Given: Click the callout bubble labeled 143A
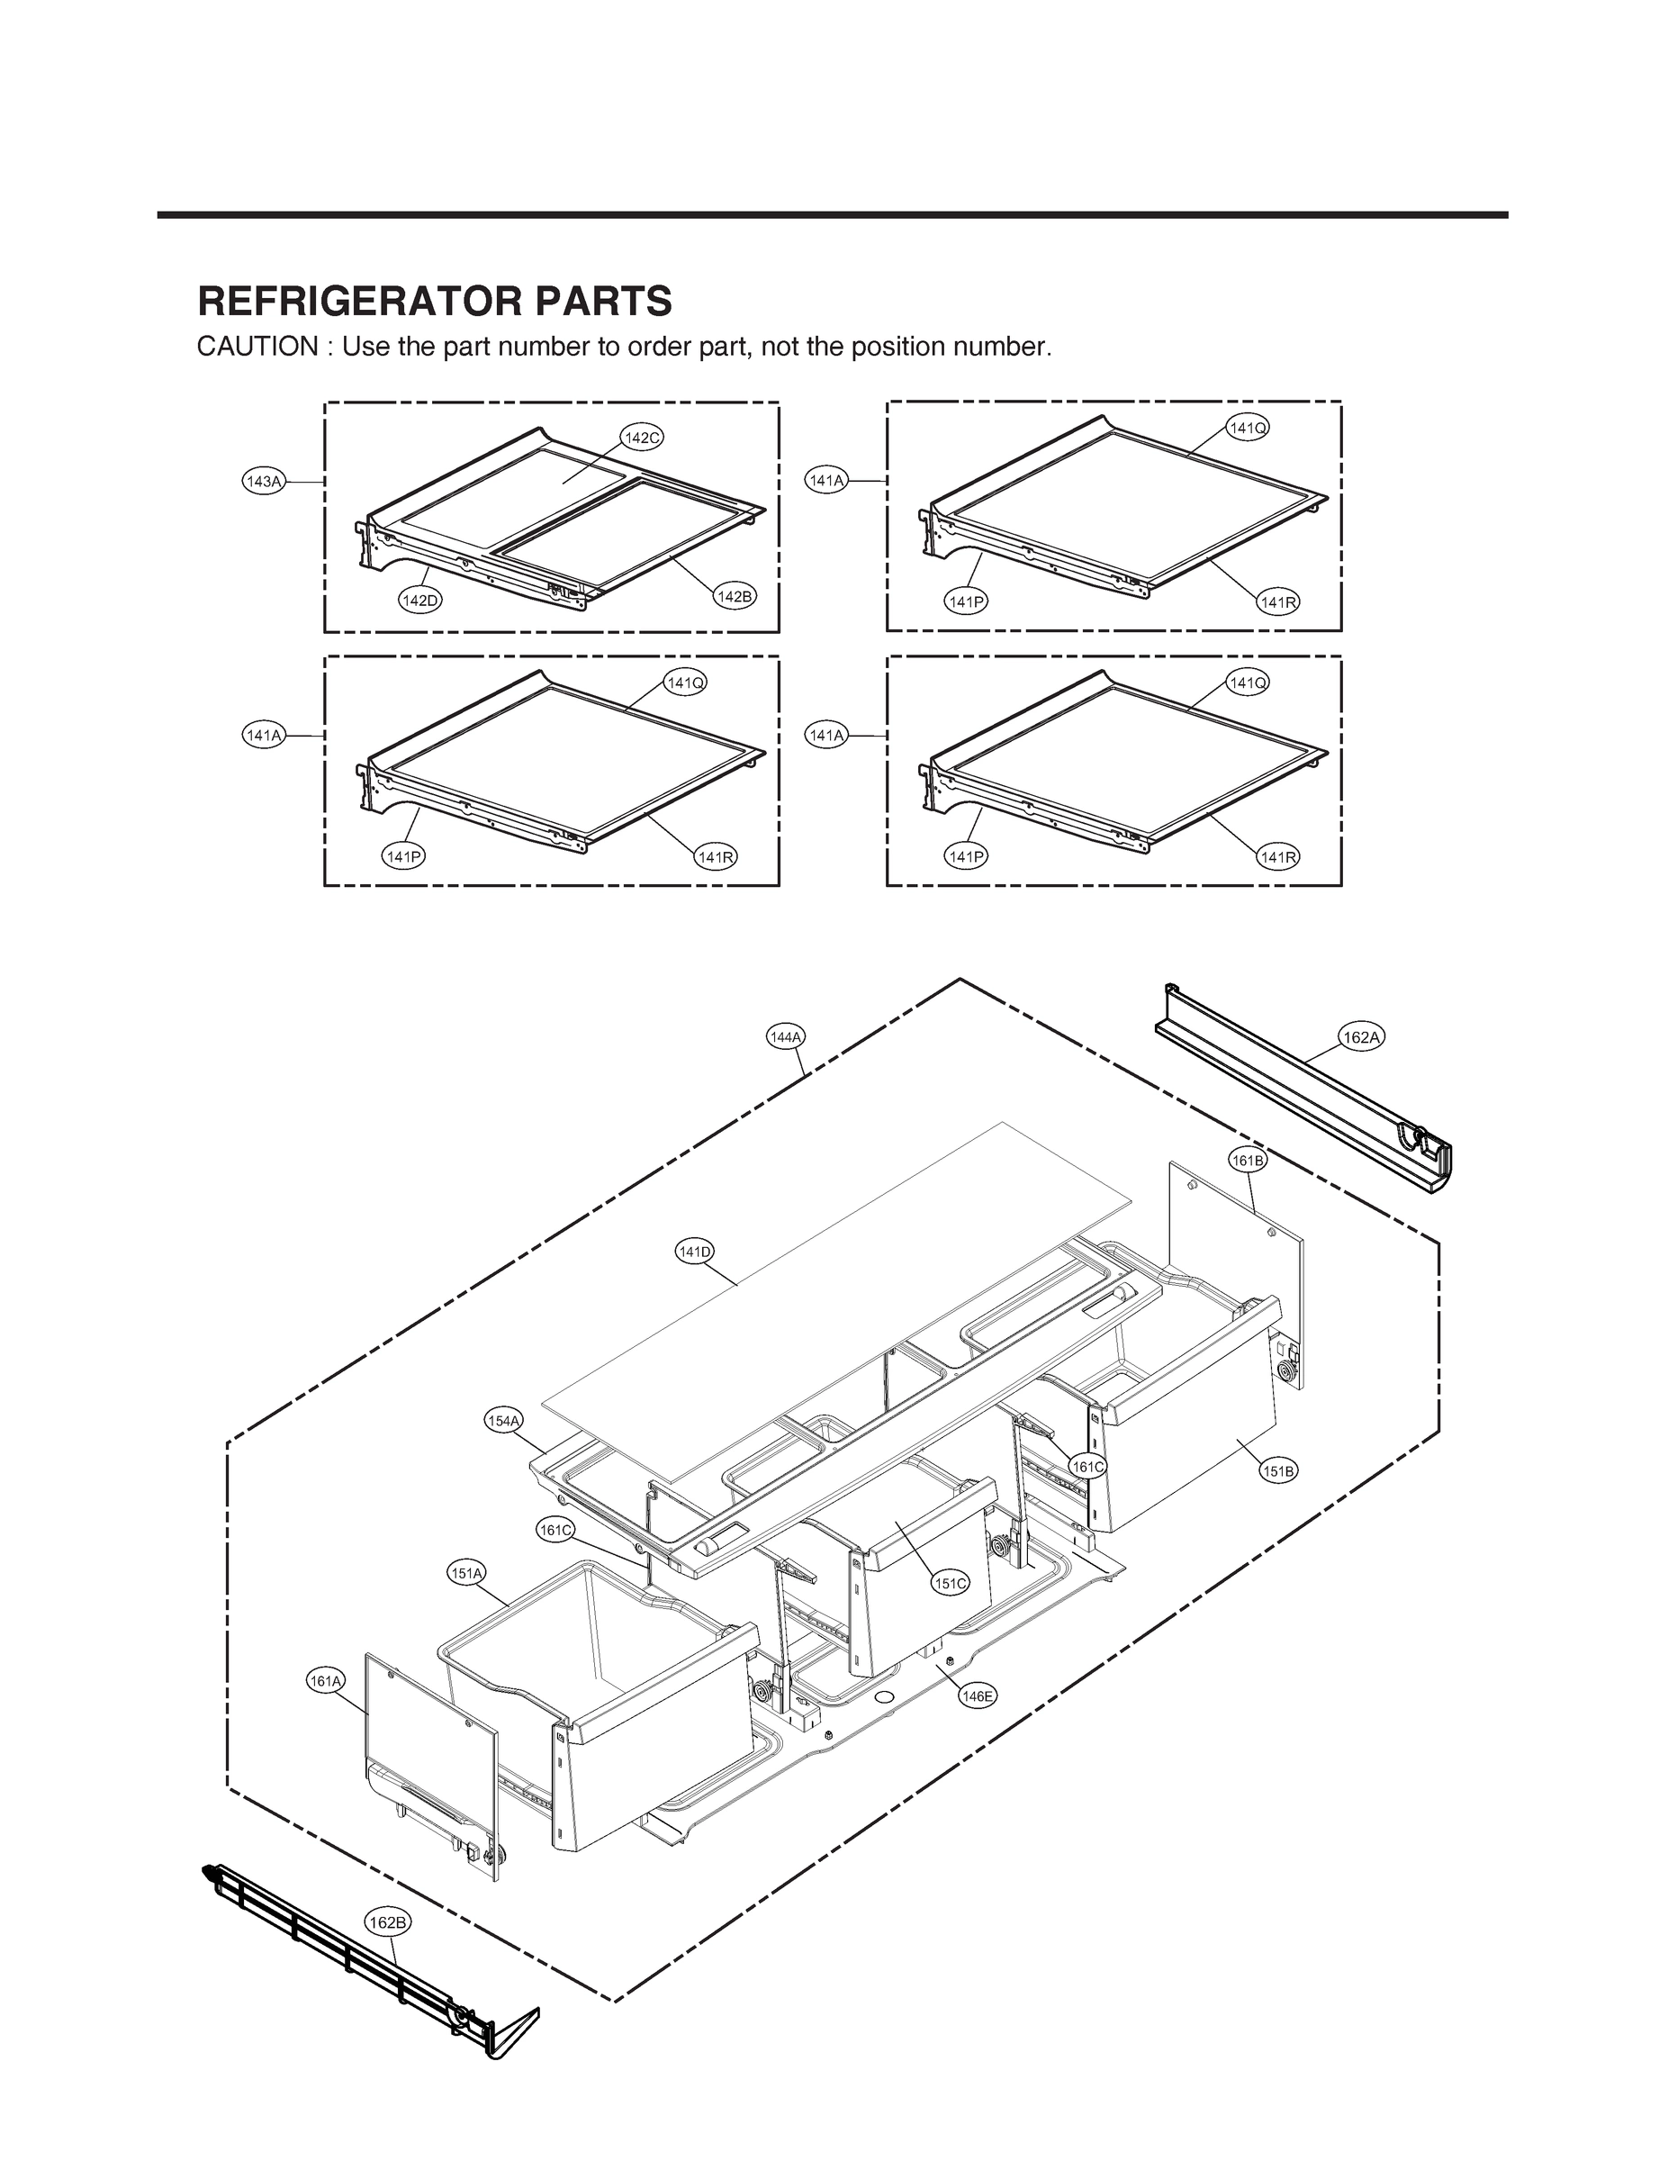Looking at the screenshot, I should pos(264,482).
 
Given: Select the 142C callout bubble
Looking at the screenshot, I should pos(642,438).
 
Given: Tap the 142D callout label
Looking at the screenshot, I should pos(419,600).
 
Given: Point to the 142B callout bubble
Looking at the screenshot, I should pos(734,597).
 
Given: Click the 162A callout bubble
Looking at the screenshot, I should pos(1361,1037).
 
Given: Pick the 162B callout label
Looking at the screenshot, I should pos(386,1922).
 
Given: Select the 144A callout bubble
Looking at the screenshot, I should pos(785,1037).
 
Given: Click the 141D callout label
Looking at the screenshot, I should pos(694,1252).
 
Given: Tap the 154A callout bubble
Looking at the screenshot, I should pos(503,1420).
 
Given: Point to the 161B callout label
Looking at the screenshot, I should pos(1248,1161).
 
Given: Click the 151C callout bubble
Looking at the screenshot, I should pos(950,1583).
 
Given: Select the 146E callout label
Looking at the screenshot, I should pos(978,1695).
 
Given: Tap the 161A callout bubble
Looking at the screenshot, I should pos(326,1680).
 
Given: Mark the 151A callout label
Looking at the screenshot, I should pos(466,1573).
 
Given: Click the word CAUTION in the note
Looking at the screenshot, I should pos(257,348).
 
